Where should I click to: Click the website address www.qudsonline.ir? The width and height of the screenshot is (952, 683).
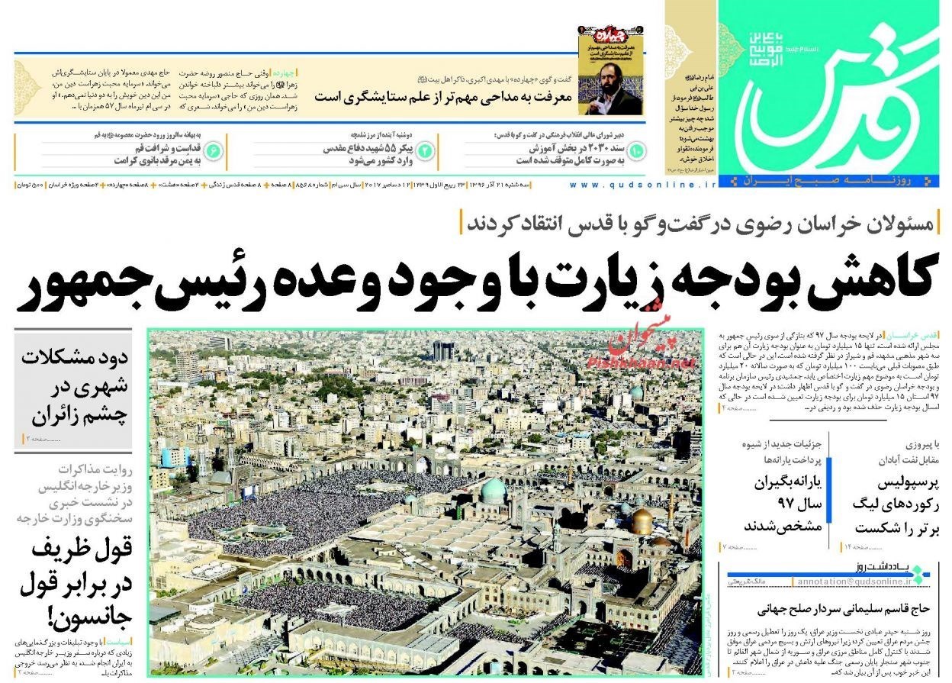pyautogui.click(x=643, y=185)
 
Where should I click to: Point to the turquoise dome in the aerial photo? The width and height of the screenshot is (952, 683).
pyautogui.click(x=493, y=489)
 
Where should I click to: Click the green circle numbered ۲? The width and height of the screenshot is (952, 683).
pyautogui.click(x=425, y=151)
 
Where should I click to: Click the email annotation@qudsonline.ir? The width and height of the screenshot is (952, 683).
pyautogui.click(x=853, y=582)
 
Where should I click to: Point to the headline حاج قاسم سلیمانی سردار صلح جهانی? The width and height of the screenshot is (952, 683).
pyautogui.click(x=842, y=610)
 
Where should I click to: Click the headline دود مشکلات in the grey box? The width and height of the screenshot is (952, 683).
pyautogui.click(x=73, y=360)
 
